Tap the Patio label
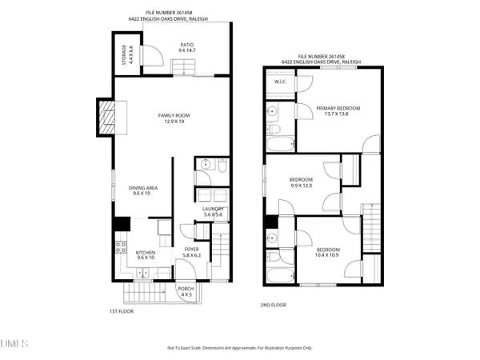pyautogui.click(x=187, y=47)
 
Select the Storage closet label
pyautogui.click(x=126, y=55)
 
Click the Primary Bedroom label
pyautogui.click(x=338, y=108)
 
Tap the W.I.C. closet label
pyautogui.click(x=280, y=81)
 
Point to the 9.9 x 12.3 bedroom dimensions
pyautogui.click(x=298, y=186)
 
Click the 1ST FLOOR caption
pyautogui.click(x=121, y=311)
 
